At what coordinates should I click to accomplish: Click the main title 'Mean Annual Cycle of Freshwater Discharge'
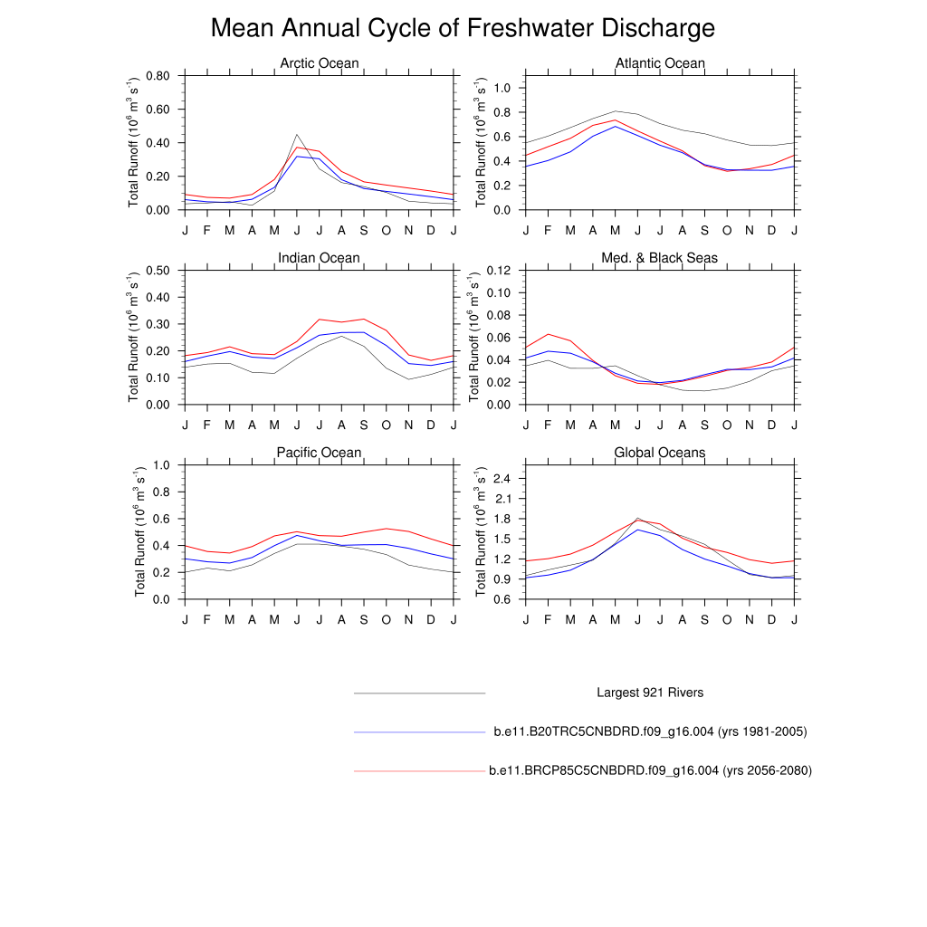point(463,28)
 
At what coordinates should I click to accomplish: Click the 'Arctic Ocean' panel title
point(319,63)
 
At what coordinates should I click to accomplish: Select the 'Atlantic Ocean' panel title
point(659,63)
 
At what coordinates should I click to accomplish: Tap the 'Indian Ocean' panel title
point(319,258)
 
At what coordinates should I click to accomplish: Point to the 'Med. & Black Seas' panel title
point(659,258)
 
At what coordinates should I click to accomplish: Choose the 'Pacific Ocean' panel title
point(319,453)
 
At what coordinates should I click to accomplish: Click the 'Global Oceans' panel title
point(659,453)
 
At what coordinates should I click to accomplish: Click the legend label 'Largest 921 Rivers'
point(650,693)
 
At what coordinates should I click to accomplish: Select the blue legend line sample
point(420,731)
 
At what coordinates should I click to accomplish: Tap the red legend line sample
point(420,770)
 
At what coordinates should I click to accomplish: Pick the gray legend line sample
point(420,693)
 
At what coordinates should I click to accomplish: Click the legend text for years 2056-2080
point(650,770)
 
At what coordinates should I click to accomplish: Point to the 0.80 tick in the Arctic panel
point(158,76)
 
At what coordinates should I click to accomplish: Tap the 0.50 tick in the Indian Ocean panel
point(158,271)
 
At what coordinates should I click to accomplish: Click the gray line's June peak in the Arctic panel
point(297,135)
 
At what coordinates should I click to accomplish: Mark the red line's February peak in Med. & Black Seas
point(548,334)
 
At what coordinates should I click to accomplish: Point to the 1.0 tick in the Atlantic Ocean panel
point(503,89)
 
